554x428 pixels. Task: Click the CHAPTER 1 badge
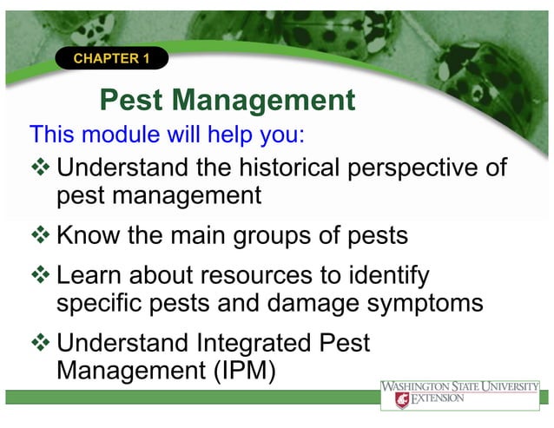pyautogui.click(x=111, y=59)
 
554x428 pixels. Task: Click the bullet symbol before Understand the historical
pyautogui.click(x=41, y=166)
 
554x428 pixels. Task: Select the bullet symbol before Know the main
pyautogui.click(x=41, y=236)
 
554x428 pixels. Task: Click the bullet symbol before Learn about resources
pyautogui.click(x=41, y=277)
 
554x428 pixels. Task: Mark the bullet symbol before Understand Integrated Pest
pyautogui.click(x=41, y=344)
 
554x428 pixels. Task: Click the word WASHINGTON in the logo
pyautogui.click(x=420, y=385)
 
